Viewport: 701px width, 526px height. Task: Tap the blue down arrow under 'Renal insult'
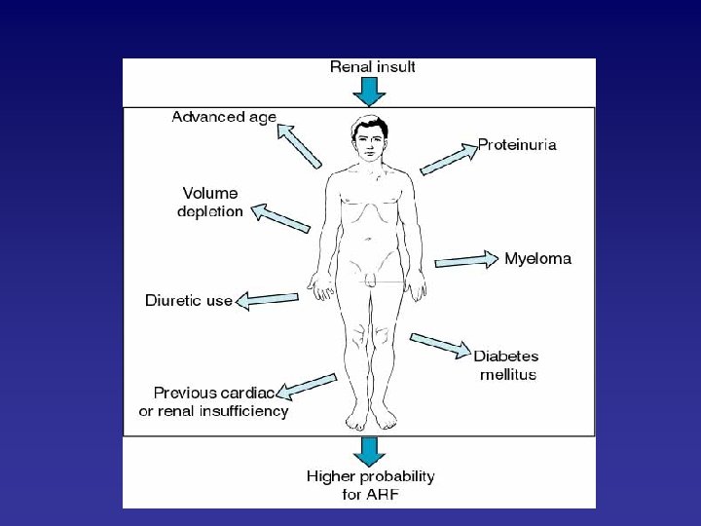(369, 92)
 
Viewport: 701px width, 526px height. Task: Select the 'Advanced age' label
(224, 118)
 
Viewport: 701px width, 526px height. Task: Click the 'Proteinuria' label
(517, 145)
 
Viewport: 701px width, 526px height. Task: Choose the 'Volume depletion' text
(211, 202)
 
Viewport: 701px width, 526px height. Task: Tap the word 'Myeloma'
(537, 259)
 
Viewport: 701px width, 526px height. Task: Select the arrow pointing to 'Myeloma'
(466, 260)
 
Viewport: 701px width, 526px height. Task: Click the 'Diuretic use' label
(189, 300)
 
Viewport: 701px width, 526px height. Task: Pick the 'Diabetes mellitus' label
(505, 364)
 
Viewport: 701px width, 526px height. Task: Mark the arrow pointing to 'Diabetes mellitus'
(440, 345)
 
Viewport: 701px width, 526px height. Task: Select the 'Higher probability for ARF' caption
(370, 485)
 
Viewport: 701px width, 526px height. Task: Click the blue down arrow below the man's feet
(369, 452)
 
